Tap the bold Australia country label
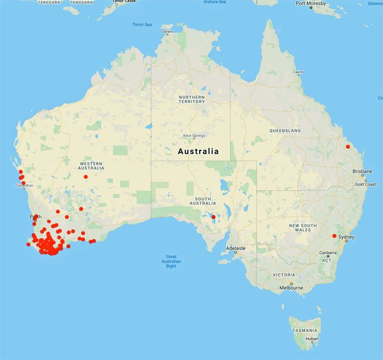(197, 152)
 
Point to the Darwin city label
(167, 31)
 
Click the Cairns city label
(298, 72)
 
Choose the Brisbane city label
(362, 171)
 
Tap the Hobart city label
(313, 339)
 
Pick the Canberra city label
(327, 254)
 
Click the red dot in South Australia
(213, 216)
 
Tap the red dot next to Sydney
(334, 236)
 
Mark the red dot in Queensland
(348, 147)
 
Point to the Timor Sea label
(142, 25)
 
